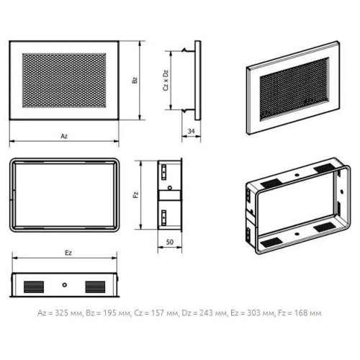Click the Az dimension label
(x=64, y=136)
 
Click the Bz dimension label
(x=135, y=80)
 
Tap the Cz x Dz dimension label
(x=166, y=81)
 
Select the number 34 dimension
(x=191, y=131)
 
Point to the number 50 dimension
(x=170, y=242)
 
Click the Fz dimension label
(x=136, y=194)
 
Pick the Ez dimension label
(x=68, y=253)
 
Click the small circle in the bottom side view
(x=64, y=285)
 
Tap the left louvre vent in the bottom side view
(x=34, y=287)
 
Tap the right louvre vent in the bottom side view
(x=95, y=287)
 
